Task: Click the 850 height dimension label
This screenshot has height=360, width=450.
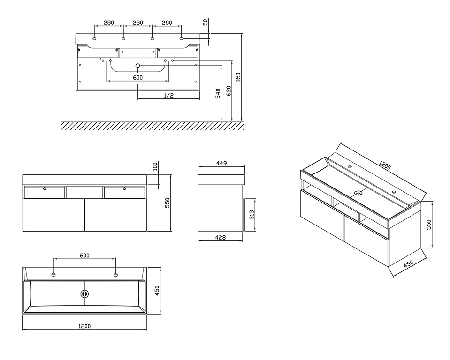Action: (x=238, y=77)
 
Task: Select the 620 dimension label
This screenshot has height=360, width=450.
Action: (x=229, y=91)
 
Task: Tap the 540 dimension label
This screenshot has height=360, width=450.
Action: (x=218, y=94)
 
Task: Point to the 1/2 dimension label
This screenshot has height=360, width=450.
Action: (x=169, y=95)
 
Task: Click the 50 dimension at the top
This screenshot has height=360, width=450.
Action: (x=206, y=22)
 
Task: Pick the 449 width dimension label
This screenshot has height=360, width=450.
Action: (x=221, y=163)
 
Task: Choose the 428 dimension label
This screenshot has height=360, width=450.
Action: (x=220, y=237)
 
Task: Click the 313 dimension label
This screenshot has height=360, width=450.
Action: (x=252, y=215)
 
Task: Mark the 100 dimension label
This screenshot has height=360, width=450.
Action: (x=155, y=166)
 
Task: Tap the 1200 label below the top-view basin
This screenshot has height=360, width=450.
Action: (x=84, y=326)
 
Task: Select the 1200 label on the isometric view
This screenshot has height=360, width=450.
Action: (x=385, y=165)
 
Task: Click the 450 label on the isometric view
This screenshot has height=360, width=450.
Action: (x=408, y=264)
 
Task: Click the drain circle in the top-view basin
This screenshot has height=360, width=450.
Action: (x=84, y=293)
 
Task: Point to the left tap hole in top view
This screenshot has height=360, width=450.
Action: (x=53, y=275)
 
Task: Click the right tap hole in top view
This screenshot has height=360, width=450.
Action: (x=115, y=275)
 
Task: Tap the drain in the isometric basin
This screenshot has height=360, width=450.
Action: (x=358, y=193)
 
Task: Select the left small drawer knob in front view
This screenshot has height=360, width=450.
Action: (x=44, y=188)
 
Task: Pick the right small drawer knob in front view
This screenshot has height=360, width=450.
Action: (x=124, y=188)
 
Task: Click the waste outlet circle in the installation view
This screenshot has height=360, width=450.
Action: (x=138, y=66)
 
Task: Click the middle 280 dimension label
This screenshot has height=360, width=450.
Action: (x=138, y=22)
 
